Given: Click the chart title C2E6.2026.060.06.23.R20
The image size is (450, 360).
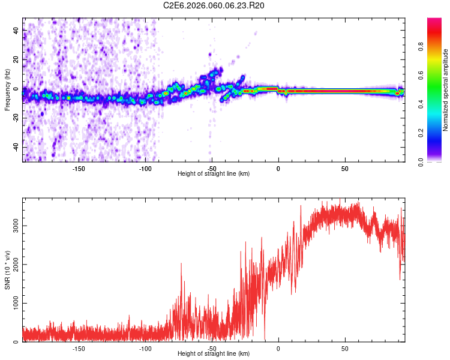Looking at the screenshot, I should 214,5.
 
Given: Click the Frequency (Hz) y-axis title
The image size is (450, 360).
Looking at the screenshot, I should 8,90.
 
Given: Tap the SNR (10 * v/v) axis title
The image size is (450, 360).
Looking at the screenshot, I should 8,270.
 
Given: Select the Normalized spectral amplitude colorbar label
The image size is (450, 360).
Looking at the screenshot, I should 445,90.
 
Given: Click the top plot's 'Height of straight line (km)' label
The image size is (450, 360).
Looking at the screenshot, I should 214,173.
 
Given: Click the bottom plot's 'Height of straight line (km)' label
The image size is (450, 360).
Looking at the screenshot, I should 214,353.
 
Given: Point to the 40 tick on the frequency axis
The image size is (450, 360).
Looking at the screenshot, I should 16,30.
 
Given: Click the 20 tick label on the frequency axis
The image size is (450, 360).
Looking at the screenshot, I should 16,59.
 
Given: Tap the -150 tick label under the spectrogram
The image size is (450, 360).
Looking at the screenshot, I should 78,169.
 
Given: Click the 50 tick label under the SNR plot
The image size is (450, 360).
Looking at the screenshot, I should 345,348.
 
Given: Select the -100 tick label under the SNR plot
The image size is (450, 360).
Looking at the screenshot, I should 145,348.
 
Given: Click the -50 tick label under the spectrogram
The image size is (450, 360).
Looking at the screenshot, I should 211,169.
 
